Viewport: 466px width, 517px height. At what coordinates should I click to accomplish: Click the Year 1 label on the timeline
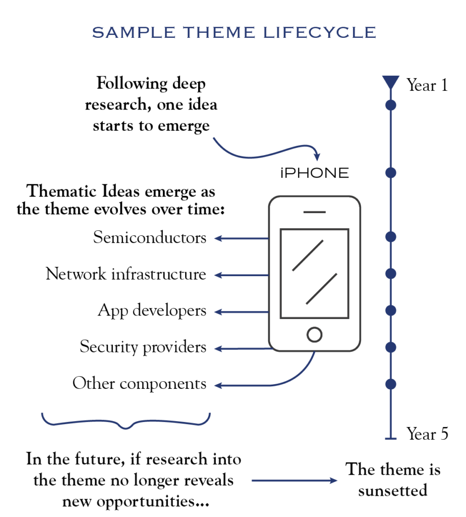point(427,85)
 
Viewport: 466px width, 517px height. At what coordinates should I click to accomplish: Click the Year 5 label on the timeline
point(427,433)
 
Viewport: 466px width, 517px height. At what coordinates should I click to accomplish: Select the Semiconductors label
point(149,237)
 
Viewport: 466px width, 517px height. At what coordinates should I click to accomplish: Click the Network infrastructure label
point(126,274)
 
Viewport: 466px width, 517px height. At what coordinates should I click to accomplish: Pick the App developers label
point(152,311)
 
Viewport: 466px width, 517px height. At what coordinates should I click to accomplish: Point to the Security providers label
point(143,347)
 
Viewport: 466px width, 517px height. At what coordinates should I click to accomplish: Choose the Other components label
point(139,384)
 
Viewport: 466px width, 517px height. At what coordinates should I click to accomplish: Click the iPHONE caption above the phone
point(315,173)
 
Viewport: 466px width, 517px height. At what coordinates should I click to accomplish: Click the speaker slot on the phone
point(315,212)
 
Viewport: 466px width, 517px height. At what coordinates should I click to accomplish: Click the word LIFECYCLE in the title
point(319,32)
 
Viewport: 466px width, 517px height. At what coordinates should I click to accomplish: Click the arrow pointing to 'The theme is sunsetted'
point(295,481)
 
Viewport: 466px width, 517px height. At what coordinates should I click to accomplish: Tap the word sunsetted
point(392,490)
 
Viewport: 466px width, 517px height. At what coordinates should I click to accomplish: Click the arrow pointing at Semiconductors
point(242,238)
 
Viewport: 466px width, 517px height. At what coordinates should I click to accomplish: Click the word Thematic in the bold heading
point(62,191)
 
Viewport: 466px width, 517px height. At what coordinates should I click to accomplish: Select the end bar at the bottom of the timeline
point(390,439)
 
